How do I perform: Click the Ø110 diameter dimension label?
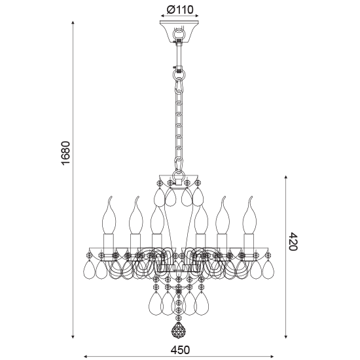pyautogui.click(x=179, y=10)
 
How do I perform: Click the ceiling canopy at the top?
pyautogui.click(x=178, y=31)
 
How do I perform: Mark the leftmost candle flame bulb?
pyautogui.click(x=107, y=212)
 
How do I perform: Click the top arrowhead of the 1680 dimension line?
pyautogui.click(x=73, y=24)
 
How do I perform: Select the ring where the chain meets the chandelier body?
pyautogui.click(x=177, y=176)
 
